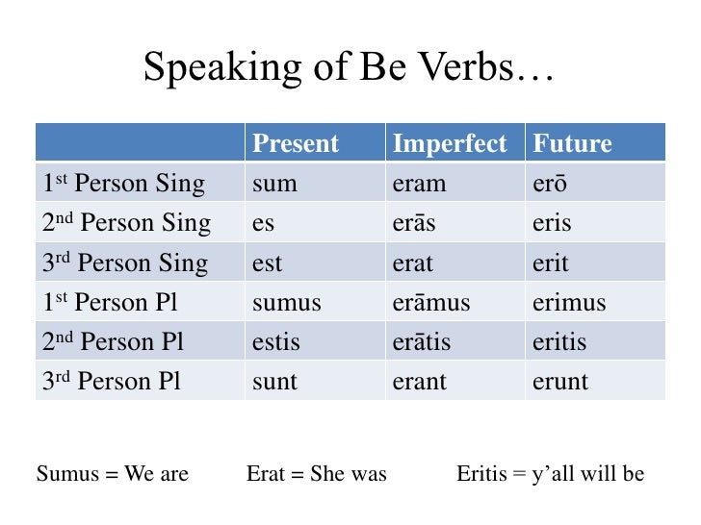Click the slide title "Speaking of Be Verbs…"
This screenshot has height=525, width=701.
(350, 67)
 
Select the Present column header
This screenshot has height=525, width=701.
(296, 144)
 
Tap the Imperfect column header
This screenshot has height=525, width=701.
(449, 144)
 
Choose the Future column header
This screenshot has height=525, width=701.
(572, 144)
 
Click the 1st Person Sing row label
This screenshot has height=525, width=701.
(124, 184)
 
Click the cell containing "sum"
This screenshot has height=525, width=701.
(274, 184)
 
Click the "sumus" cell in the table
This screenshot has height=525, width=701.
(286, 303)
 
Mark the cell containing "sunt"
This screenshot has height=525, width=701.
(274, 382)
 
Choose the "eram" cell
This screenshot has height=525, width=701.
(419, 184)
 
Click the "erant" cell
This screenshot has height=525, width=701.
(420, 382)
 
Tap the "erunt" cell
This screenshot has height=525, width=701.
(559, 382)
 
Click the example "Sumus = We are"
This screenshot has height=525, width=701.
(113, 474)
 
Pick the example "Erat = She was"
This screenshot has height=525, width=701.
(317, 474)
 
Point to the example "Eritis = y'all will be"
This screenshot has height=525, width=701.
(550, 474)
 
